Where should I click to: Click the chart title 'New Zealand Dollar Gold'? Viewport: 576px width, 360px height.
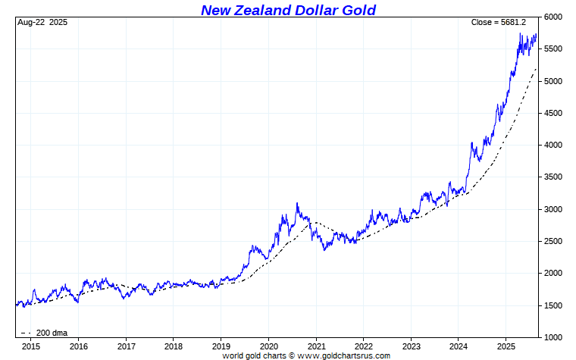click(x=288, y=10)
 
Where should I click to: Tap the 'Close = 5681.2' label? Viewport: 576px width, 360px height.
click(x=502, y=22)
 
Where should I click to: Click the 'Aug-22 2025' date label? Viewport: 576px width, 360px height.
click(x=42, y=22)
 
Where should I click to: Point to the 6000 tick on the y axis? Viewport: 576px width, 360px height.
click(x=554, y=17)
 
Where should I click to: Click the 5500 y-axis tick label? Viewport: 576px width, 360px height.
click(x=554, y=49)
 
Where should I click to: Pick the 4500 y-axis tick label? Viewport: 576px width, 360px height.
click(x=554, y=113)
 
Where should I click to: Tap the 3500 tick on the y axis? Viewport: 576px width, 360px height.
click(x=554, y=177)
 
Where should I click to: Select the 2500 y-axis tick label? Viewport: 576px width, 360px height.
click(x=554, y=241)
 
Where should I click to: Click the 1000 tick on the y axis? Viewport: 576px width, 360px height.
click(x=554, y=337)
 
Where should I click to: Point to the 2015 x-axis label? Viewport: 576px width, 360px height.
click(x=31, y=346)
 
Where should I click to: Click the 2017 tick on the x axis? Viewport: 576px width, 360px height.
click(x=126, y=346)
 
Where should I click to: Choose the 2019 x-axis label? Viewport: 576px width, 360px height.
click(x=221, y=346)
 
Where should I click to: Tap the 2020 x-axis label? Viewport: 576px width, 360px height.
click(x=268, y=346)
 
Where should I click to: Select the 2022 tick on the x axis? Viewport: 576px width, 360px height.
click(x=363, y=346)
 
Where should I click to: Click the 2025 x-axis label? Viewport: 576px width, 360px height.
click(x=505, y=346)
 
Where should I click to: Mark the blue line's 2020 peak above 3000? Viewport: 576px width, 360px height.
click(x=297, y=202)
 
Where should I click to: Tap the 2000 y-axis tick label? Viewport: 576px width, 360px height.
click(x=554, y=273)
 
